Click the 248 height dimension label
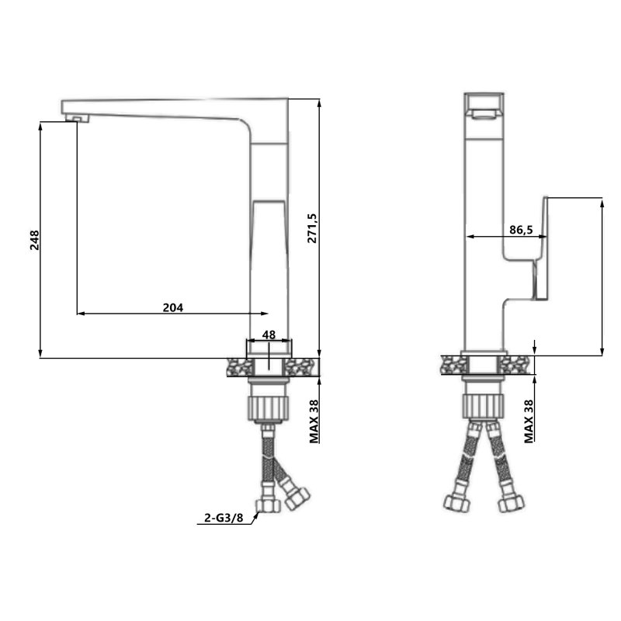click(x=35, y=240)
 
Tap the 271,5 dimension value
click(x=312, y=228)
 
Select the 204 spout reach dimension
click(x=173, y=307)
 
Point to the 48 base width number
click(x=269, y=335)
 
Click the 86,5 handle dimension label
click(x=521, y=230)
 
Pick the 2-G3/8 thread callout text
click(x=224, y=518)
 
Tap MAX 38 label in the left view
click(x=314, y=422)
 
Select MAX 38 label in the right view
click(x=529, y=422)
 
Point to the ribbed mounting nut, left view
click(x=267, y=408)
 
